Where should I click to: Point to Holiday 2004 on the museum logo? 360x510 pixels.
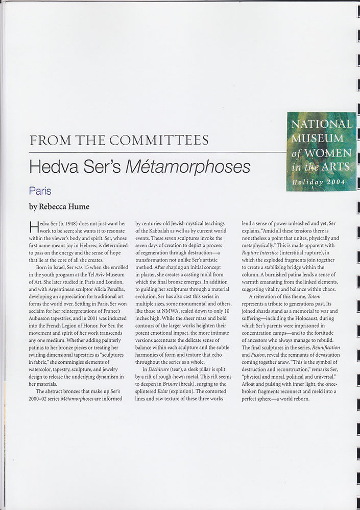point(319,182)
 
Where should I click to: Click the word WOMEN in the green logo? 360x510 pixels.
point(331,153)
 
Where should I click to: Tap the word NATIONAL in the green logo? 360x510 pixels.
point(321,124)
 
